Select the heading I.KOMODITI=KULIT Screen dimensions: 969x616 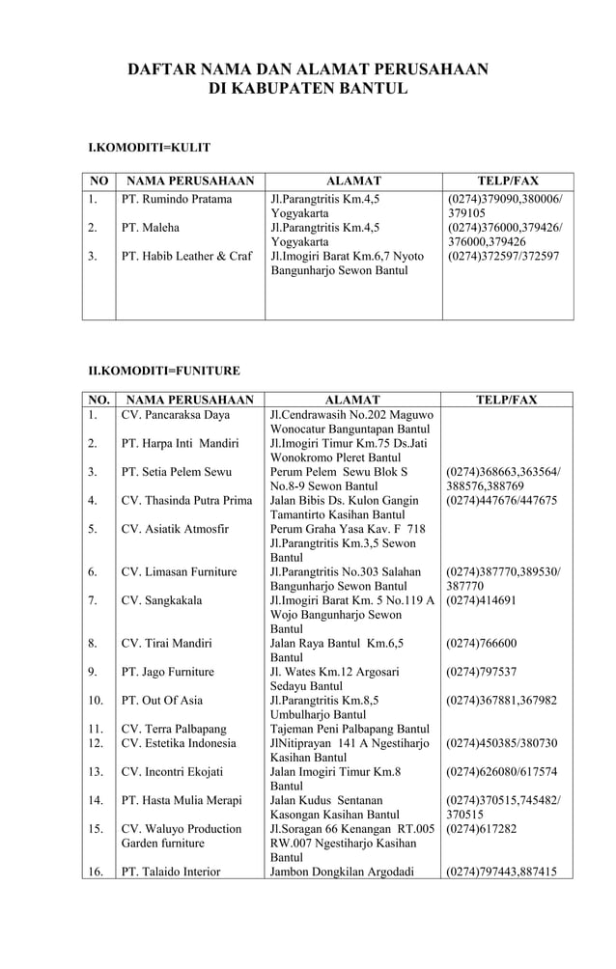[x=150, y=148]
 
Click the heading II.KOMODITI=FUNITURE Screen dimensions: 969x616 [x=164, y=370]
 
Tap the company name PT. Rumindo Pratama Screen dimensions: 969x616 [x=177, y=200]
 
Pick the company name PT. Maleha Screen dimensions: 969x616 [x=151, y=229]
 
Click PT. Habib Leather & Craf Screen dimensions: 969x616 [x=186, y=257]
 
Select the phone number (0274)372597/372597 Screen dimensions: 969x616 [x=502, y=257]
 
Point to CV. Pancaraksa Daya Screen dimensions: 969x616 [x=176, y=415]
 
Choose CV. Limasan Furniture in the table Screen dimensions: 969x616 [x=179, y=572]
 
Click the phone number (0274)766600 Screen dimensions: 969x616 [x=481, y=643]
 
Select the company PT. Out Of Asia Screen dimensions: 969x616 [x=161, y=700]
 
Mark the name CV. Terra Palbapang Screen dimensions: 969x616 [x=174, y=729]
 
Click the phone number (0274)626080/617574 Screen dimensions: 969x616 [x=502, y=771]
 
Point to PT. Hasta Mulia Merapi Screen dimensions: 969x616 [x=182, y=800]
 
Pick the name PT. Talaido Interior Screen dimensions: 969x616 [x=171, y=872]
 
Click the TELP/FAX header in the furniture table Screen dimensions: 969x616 [x=508, y=400]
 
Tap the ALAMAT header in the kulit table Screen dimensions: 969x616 [x=353, y=180]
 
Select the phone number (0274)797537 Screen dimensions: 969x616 [x=481, y=672]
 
